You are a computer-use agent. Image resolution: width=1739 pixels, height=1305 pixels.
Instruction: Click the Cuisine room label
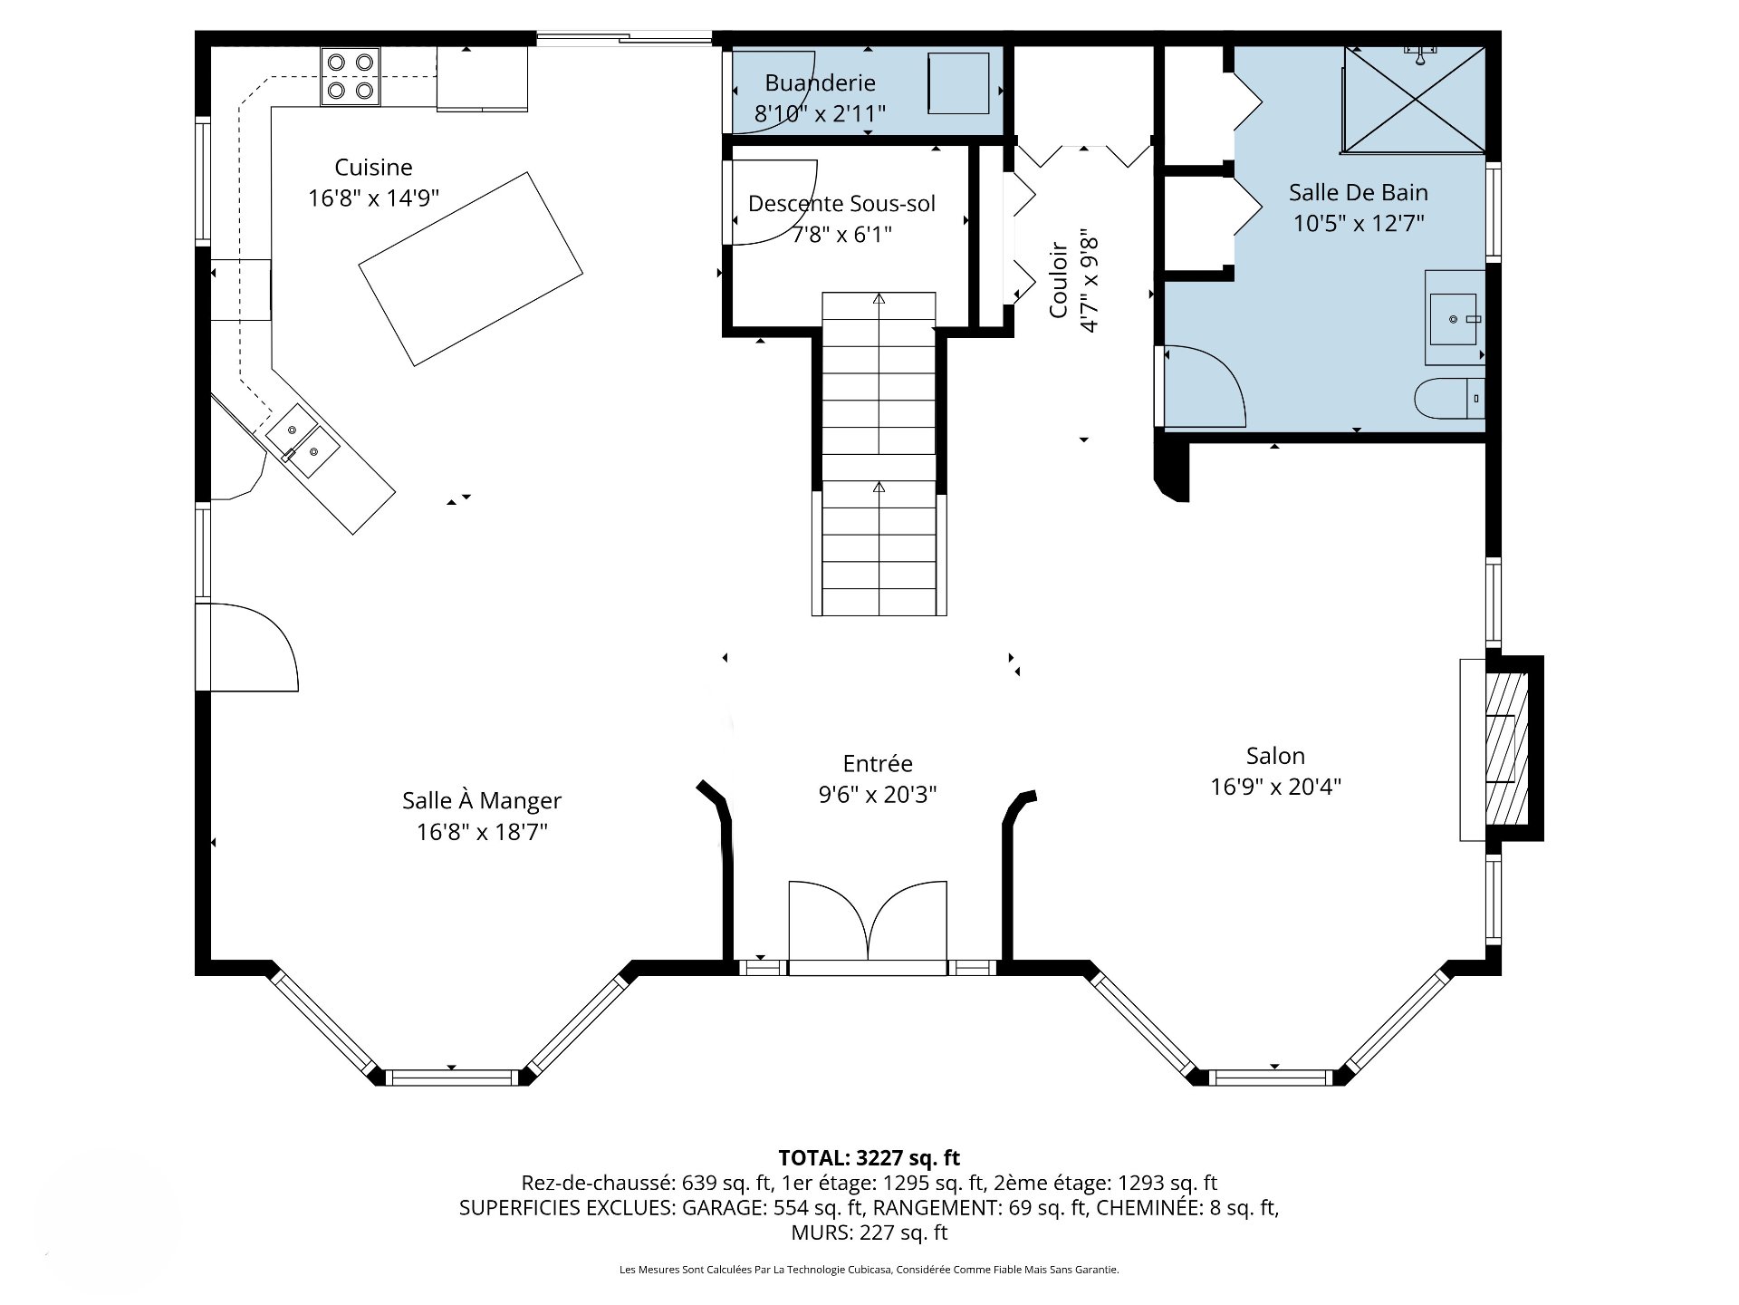click(x=373, y=168)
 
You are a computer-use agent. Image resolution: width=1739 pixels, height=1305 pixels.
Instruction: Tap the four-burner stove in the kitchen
click(x=351, y=76)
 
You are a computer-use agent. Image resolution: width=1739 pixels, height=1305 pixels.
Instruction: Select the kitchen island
click(x=471, y=269)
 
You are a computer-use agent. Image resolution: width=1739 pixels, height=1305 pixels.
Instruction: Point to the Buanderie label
click(x=820, y=83)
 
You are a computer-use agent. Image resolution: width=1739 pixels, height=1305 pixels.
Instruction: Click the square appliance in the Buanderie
click(x=958, y=83)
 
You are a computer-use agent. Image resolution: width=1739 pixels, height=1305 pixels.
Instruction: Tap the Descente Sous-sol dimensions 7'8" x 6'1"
click(x=841, y=235)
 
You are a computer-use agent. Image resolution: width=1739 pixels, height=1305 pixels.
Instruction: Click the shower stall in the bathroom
click(x=1415, y=99)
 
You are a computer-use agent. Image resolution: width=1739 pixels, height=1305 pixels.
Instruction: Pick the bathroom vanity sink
click(x=1455, y=319)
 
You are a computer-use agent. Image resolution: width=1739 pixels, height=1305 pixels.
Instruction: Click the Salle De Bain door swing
click(x=1205, y=386)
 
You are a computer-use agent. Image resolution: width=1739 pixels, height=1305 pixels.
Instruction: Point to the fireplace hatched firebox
click(x=1507, y=748)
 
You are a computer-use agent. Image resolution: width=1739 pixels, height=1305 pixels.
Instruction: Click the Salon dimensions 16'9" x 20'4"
click(x=1275, y=787)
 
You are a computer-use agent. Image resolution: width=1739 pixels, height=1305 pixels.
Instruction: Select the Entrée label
click(x=878, y=764)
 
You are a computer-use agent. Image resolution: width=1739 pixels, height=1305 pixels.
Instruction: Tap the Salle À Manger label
click(x=482, y=801)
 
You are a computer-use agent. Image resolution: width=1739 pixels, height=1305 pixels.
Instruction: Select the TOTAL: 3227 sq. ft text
click(x=869, y=1157)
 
